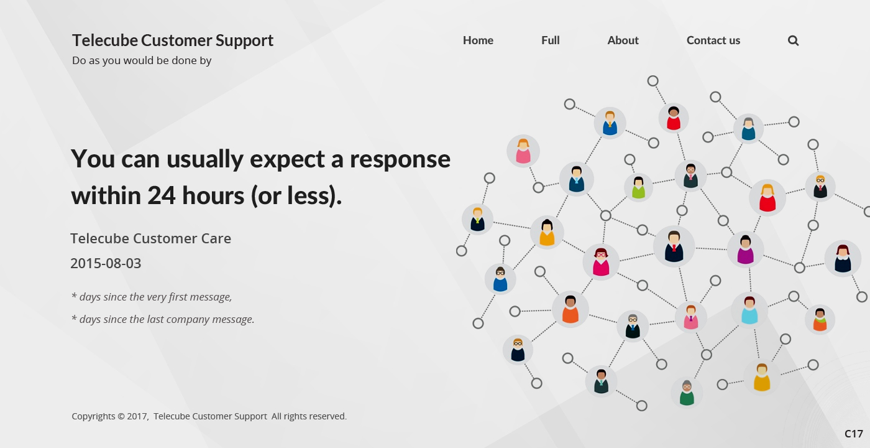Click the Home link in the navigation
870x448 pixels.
pos(478,40)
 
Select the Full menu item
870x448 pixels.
pos(551,40)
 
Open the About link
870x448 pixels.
pos(623,40)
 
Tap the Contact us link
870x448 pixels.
pos(713,40)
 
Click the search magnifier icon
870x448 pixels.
pos(793,40)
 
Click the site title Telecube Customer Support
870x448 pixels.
pos(173,41)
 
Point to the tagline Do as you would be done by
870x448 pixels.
pos(142,61)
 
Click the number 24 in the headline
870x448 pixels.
pos(161,195)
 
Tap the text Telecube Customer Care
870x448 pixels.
pos(150,238)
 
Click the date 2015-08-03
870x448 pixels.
pos(106,264)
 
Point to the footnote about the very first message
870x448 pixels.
pos(152,297)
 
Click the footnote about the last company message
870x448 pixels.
pos(163,320)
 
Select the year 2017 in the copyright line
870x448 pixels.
pos(137,416)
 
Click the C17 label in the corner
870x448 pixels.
pos(854,434)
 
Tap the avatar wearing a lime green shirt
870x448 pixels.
pos(639,187)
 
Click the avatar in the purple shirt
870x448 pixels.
pos(745,250)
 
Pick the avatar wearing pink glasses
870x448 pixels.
pos(601,262)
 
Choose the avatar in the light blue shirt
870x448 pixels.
pos(749,310)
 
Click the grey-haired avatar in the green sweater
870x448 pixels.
pos(687,393)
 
